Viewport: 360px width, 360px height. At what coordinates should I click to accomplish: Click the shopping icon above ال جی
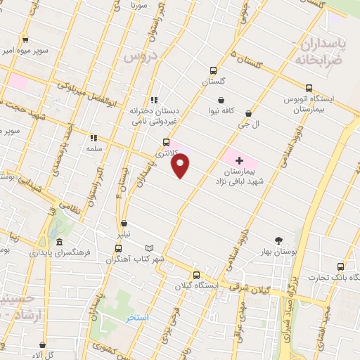tap(248, 112)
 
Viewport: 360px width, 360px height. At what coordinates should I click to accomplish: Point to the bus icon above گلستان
tap(213, 70)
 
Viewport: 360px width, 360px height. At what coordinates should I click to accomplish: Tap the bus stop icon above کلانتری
tap(166, 141)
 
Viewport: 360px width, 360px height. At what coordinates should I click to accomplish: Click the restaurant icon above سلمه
tap(93, 138)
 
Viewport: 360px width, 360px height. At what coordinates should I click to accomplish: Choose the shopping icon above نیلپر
tap(124, 223)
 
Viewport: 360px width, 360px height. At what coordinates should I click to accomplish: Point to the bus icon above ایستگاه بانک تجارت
tap(340, 267)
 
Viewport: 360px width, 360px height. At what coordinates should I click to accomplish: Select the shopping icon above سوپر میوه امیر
tap(26, 40)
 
